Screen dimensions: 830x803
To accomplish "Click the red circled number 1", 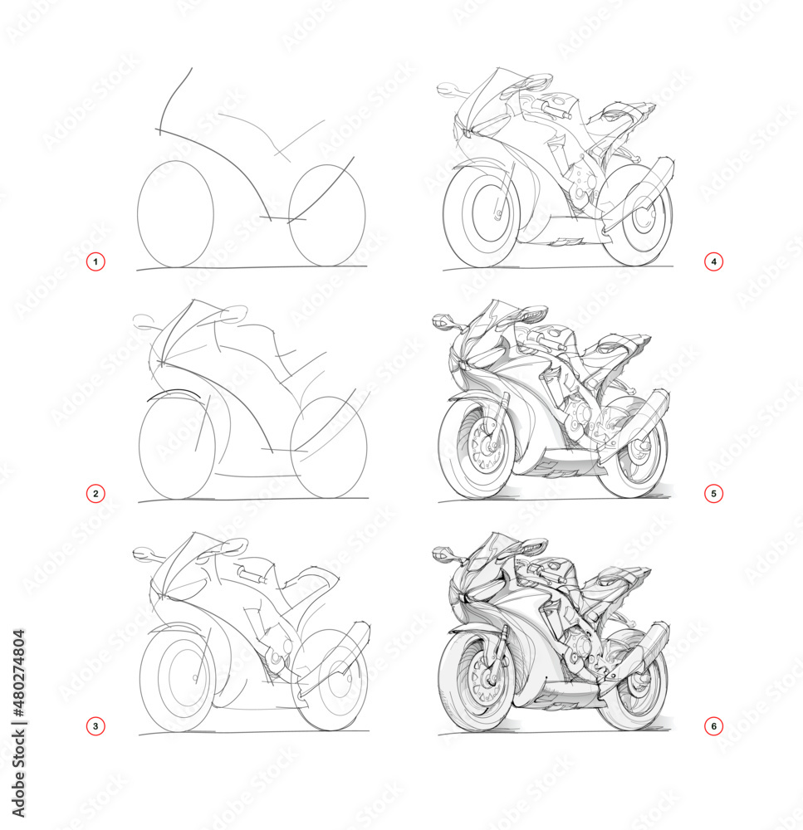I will click(x=95, y=262).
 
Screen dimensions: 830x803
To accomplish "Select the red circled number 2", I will click(x=95, y=494).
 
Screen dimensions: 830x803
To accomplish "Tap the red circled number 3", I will click(x=95, y=726).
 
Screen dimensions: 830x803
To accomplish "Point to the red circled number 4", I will click(x=712, y=262).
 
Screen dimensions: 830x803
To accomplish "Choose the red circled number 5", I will click(x=712, y=494).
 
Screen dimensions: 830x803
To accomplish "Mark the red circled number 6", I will click(x=712, y=726).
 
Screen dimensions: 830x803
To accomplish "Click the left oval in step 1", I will click(x=175, y=213).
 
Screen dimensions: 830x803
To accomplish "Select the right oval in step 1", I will click(x=327, y=215).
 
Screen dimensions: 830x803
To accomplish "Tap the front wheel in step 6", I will click(x=478, y=681).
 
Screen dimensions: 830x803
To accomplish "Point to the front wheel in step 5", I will click(x=477, y=448).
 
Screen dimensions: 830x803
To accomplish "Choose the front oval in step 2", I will click(x=176, y=448).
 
